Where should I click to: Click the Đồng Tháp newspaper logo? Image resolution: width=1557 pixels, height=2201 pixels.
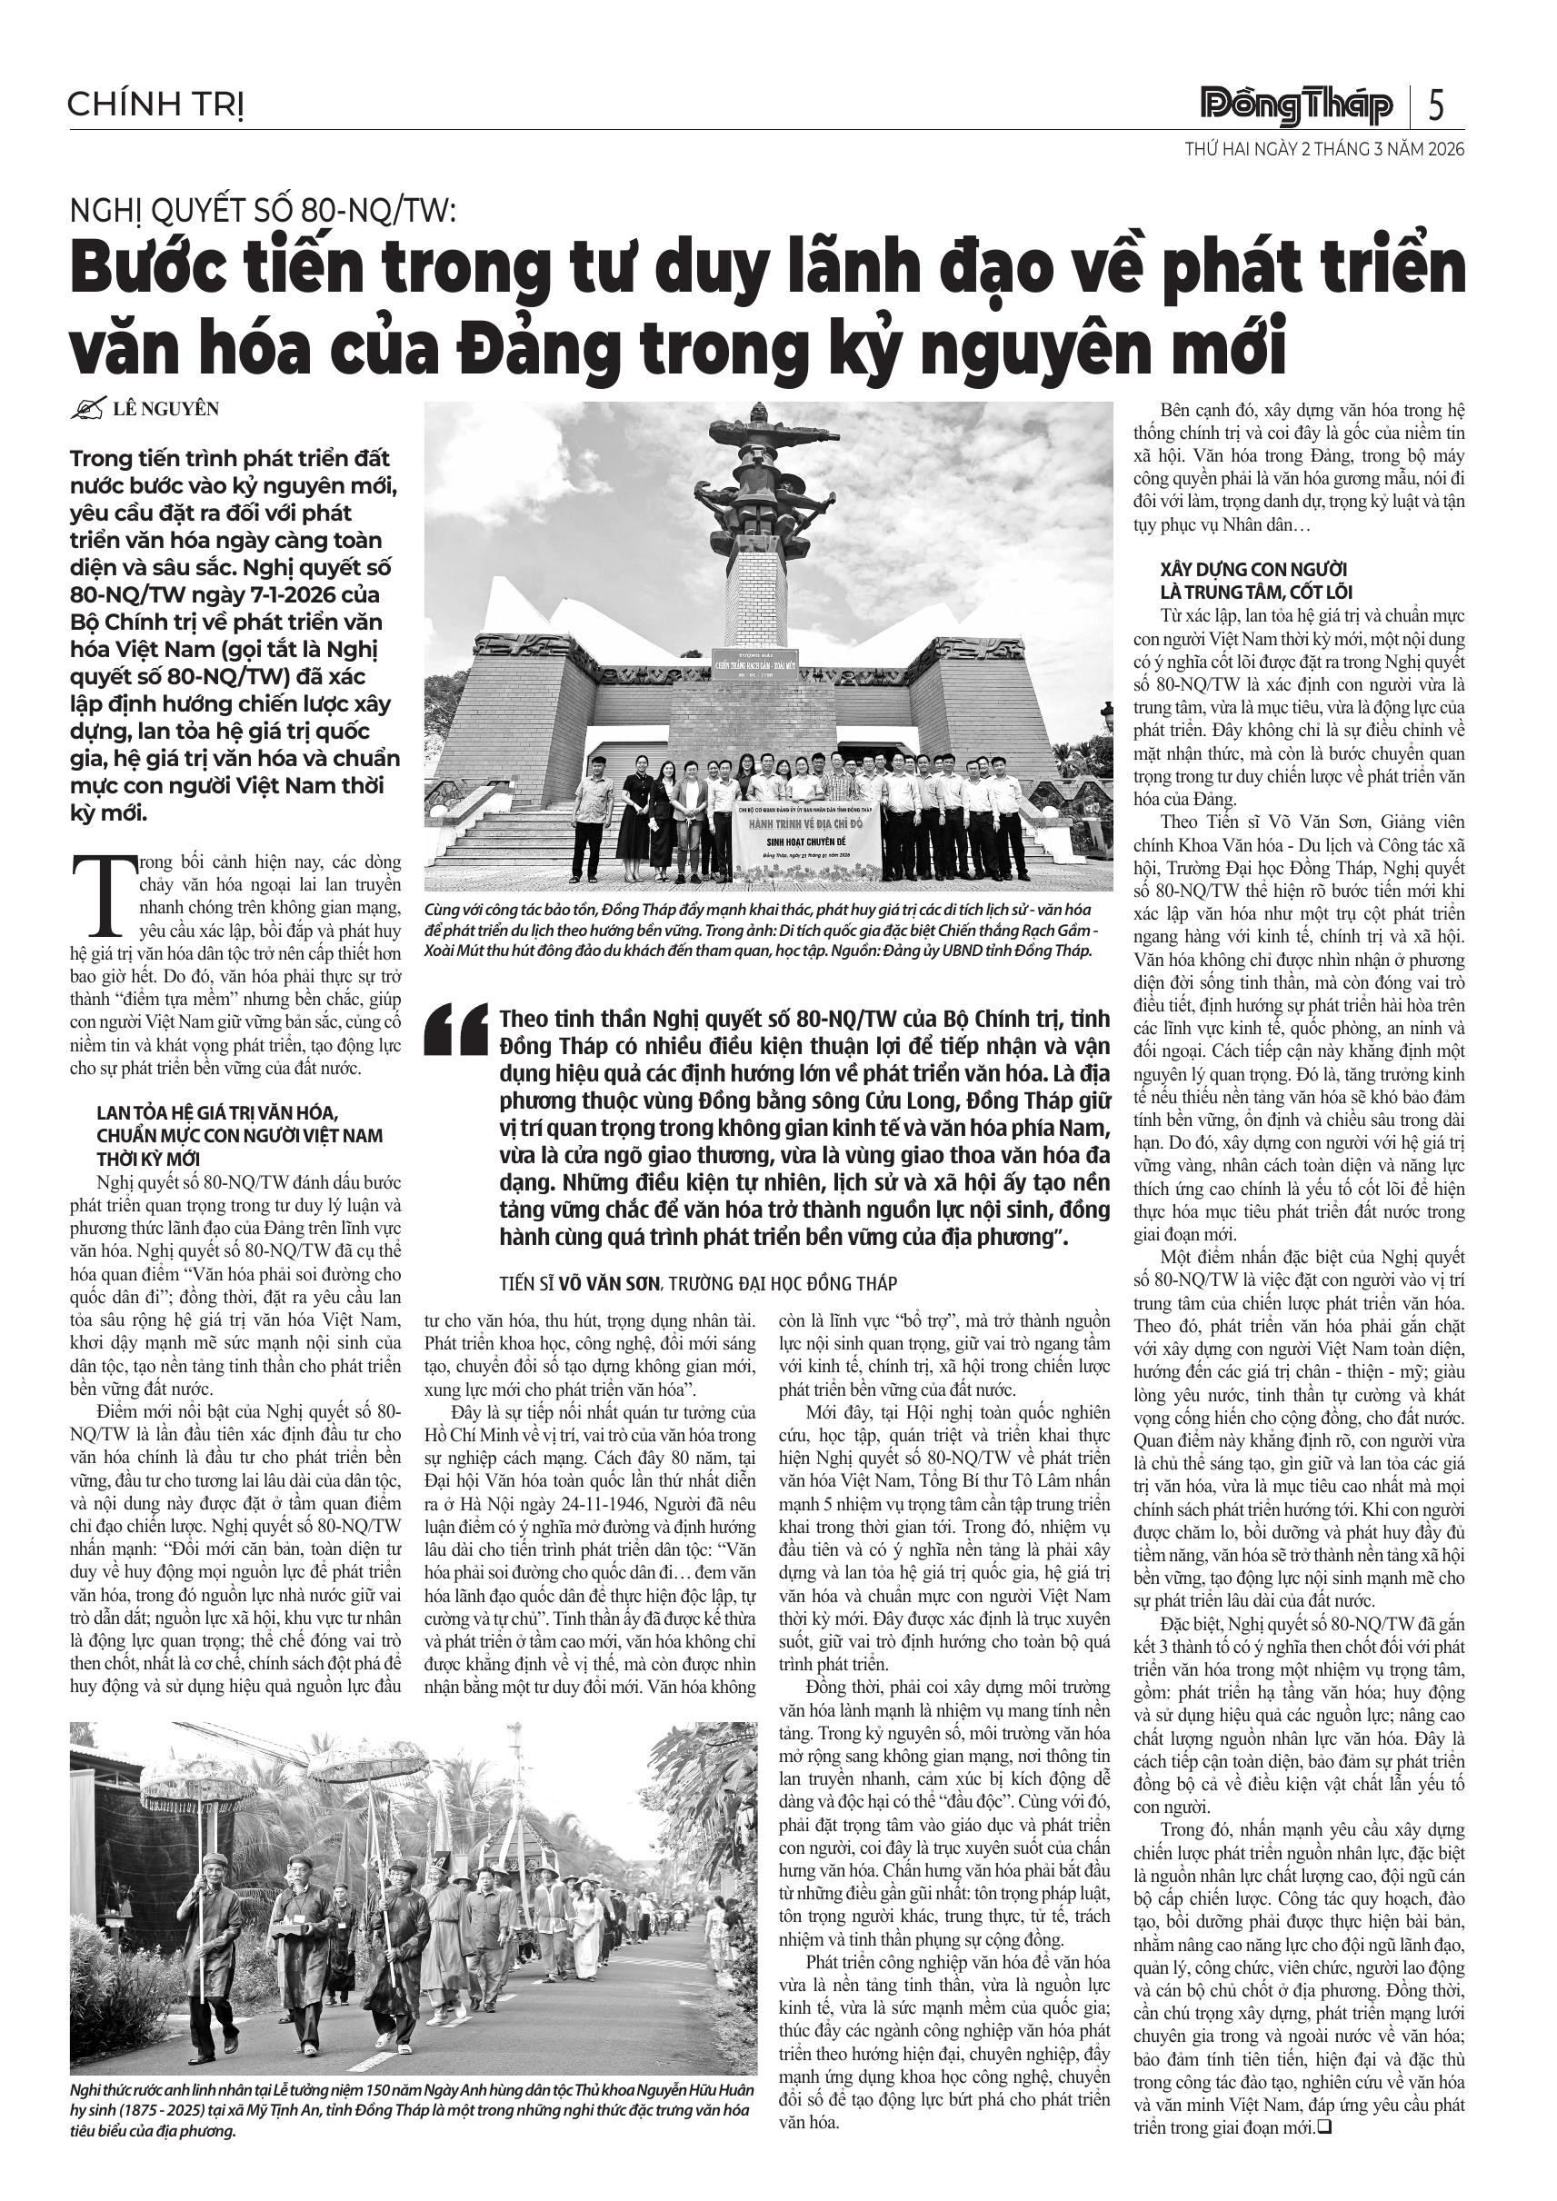tap(1296, 105)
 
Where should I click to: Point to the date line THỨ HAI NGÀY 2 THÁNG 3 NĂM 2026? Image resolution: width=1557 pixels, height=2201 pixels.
tap(1324, 151)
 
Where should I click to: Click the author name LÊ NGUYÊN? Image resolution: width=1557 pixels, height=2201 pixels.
tap(165, 409)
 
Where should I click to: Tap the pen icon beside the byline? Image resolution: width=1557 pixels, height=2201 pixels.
tap(87, 410)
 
